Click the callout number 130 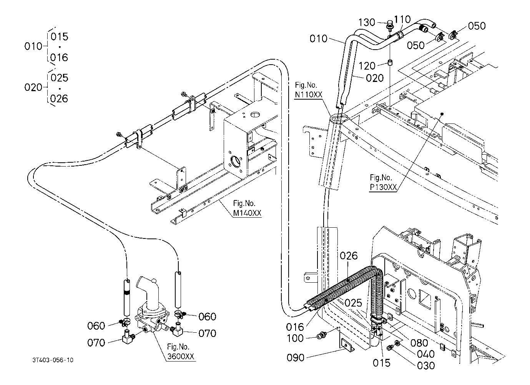[367, 22]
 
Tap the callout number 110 [402, 19]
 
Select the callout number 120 [367, 66]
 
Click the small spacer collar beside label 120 [389, 63]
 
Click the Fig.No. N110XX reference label [309, 90]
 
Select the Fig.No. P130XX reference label [383, 182]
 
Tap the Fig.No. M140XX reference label [247, 208]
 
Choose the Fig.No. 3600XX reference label [181, 352]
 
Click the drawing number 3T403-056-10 [53, 360]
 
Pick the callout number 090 [295, 358]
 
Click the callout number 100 [295, 338]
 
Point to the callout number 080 [419, 343]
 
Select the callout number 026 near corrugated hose [349, 256]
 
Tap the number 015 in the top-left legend [60, 37]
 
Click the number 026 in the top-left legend [59, 98]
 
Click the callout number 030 [426, 366]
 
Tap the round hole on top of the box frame [255, 115]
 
